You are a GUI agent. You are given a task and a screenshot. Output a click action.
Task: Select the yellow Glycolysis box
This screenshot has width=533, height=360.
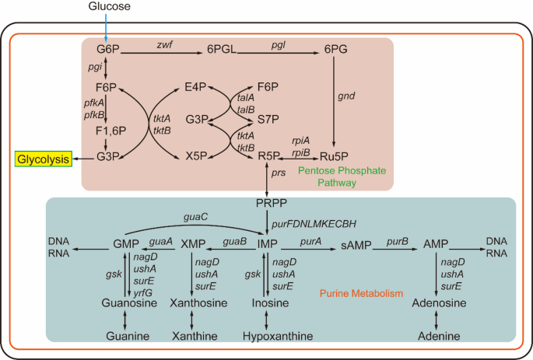click(x=43, y=159)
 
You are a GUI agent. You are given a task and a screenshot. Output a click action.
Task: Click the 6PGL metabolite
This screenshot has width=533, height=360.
click(x=221, y=51)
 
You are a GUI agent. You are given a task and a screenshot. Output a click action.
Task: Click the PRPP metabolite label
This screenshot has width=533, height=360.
click(x=268, y=204)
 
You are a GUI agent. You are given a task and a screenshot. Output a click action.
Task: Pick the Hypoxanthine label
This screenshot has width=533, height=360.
click(x=268, y=336)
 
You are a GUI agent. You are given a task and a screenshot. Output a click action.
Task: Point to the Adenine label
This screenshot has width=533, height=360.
click(x=438, y=336)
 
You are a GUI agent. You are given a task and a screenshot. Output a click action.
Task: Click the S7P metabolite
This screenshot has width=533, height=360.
click(x=268, y=121)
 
